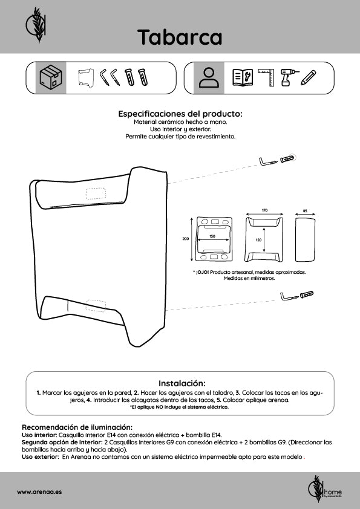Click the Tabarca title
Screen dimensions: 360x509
[180, 37]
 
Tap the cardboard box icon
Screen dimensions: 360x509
[50, 78]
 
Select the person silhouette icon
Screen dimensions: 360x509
[209, 78]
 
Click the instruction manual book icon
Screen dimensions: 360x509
[243, 77]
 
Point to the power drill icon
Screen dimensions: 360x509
[287, 77]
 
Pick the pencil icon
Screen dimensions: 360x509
[308, 77]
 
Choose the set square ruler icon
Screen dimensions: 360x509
[267, 77]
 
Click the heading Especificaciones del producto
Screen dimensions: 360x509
[180, 114]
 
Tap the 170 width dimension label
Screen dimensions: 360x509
[264, 210]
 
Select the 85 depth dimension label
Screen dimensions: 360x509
[305, 211]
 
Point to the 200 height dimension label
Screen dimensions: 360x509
[185, 239]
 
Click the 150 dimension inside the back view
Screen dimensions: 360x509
[212, 236]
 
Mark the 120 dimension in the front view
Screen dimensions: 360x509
[258, 240]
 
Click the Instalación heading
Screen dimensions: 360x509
[182, 383]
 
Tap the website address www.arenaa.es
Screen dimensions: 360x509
[39, 492]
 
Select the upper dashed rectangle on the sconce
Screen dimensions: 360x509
[96, 193]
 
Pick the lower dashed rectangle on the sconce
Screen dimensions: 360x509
[96, 306]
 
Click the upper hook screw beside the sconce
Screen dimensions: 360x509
[269, 161]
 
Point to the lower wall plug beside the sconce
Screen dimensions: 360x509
[307, 294]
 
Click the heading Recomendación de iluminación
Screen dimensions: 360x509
[77, 427]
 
